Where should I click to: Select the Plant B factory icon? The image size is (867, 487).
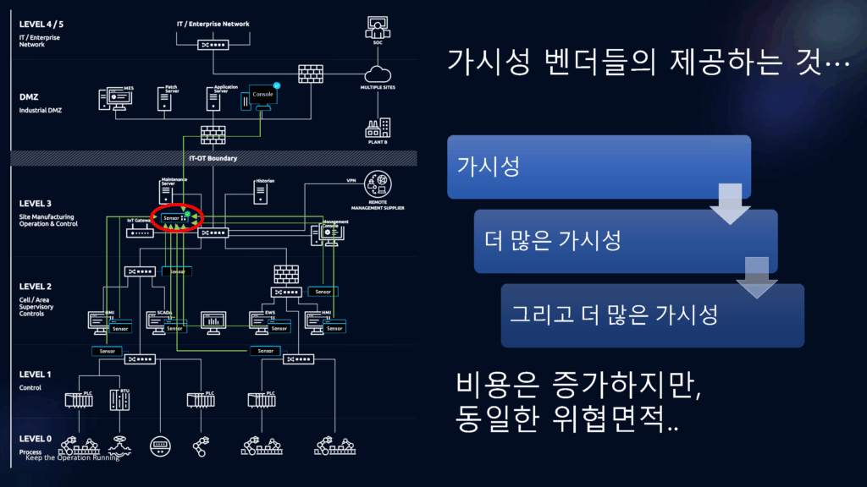point(378,128)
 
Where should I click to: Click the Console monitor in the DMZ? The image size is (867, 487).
point(263,97)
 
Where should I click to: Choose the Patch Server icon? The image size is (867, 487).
point(166,100)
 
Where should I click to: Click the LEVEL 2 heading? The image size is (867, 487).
point(36,287)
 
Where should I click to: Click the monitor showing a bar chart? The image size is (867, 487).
point(213,321)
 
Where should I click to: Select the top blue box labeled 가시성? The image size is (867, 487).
point(599,167)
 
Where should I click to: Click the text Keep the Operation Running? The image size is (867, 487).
point(72,457)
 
